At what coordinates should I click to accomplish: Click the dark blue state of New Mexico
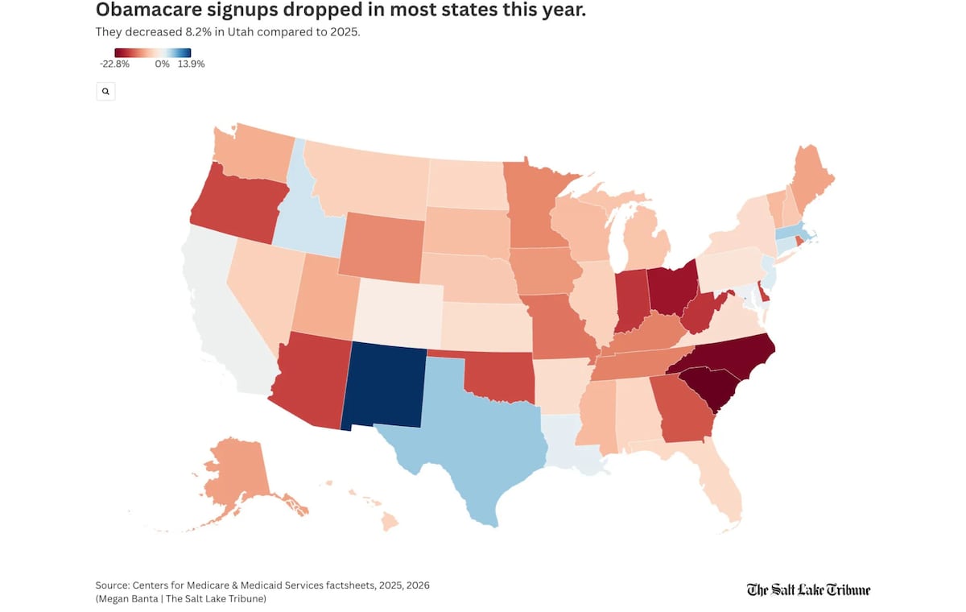pyautogui.click(x=384, y=385)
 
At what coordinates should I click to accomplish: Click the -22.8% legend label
pyautogui.click(x=114, y=64)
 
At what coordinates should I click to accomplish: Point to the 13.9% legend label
pyautogui.click(x=192, y=64)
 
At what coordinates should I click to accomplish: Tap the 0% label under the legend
pyautogui.click(x=163, y=64)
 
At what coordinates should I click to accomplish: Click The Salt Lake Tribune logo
pyautogui.click(x=808, y=590)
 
